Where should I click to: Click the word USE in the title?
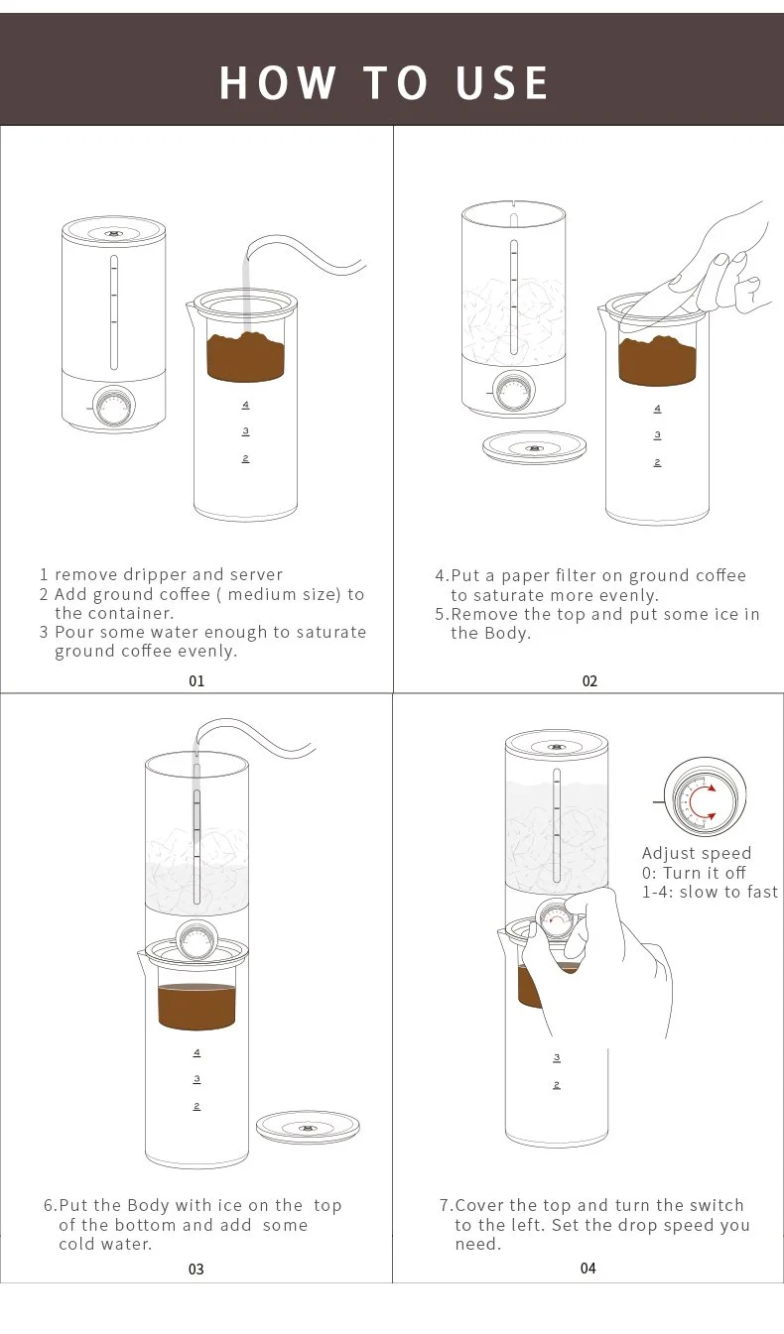click(x=501, y=83)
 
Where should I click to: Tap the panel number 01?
click(x=196, y=681)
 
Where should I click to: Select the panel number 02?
click(x=589, y=681)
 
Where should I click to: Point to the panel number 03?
click(x=196, y=1269)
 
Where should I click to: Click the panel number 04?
click(x=588, y=1268)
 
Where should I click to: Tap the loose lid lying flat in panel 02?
click(x=535, y=446)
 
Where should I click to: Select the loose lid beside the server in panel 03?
click(x=308, y=1127)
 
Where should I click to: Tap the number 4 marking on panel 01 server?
click(x=245, y=405)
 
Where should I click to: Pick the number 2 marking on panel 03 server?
click(x=196, y=1105)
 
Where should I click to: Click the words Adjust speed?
click(x=697, y=853)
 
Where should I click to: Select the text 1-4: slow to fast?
click(x=710, y=892)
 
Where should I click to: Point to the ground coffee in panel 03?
click(x=196, y=1005)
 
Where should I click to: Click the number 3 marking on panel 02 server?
click(x=657, y=435)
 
